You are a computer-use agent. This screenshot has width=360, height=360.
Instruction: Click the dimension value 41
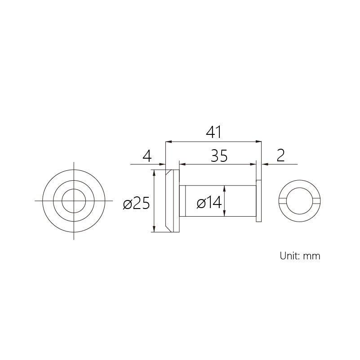coord(213,132)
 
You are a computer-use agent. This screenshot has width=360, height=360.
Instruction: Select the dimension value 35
coord(219,156)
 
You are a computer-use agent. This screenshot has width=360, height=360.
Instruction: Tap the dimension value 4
coord(147,156)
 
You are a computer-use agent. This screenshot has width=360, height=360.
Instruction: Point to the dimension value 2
coord(280,156)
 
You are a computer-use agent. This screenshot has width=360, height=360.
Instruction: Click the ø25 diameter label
coord(136,203)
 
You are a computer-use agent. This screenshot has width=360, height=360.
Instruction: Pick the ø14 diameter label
coord(209,203)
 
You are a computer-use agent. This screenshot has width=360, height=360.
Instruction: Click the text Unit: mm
coord(300,256)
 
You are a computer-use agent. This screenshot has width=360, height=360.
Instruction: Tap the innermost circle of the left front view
coord(74,189)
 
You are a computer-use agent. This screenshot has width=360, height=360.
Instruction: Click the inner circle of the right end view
coord(300,187)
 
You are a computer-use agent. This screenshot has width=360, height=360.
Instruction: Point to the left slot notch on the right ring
coord(282,200)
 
